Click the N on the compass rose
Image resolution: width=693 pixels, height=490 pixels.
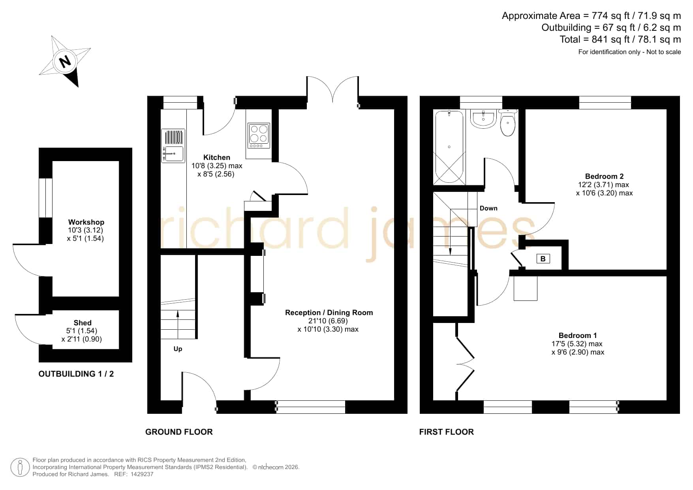(64, 62)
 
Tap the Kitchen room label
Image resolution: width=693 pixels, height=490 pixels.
(216, 157)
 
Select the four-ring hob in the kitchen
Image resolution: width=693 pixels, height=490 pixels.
(259, 135)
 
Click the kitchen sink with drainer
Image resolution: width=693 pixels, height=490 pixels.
(173, 146)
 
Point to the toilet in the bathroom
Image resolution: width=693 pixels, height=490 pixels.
(507, 122)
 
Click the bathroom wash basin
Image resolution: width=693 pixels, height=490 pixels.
(483, 119)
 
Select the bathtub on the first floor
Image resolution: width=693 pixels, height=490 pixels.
(449, 147)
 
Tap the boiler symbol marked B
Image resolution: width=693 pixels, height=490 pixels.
(543, 259)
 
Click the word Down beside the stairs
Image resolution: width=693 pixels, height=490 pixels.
(488, 208)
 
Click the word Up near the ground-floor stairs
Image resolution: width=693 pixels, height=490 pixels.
(178, 349)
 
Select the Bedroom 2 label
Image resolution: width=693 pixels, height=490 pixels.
(604, 176)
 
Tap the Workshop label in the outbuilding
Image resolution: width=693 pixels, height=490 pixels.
(86, 222)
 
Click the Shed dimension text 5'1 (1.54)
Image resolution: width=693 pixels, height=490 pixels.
(82, 331)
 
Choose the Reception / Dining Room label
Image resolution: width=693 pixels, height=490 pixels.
(329, 312)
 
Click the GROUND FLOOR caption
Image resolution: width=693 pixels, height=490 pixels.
(179, 432)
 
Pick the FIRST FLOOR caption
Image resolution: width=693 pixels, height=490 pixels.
(446, 432)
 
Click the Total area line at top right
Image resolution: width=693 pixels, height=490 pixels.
(620, 39)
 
